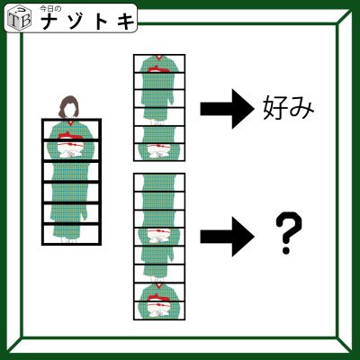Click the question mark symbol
288,233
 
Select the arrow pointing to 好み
227,108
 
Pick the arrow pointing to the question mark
227,237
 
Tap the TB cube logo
19,18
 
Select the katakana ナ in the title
51,22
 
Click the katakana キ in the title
126,22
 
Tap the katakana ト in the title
102,22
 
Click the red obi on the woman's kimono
69,136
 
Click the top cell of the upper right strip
159,64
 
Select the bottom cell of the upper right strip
159,152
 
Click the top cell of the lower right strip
159,183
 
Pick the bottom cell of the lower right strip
159,310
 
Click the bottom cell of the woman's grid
71,234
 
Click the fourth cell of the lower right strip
159,238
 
